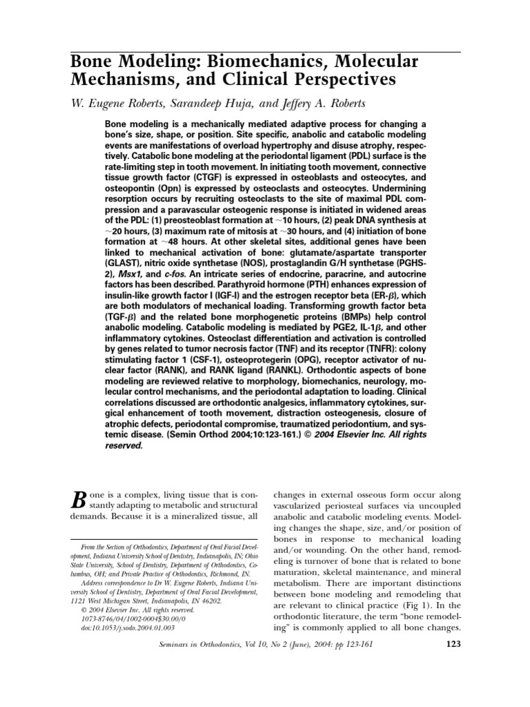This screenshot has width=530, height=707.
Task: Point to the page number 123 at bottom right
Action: [449, 645]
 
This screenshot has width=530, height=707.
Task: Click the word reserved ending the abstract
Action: [124, 445]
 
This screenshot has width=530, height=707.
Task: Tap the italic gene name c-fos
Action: [181, 273]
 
